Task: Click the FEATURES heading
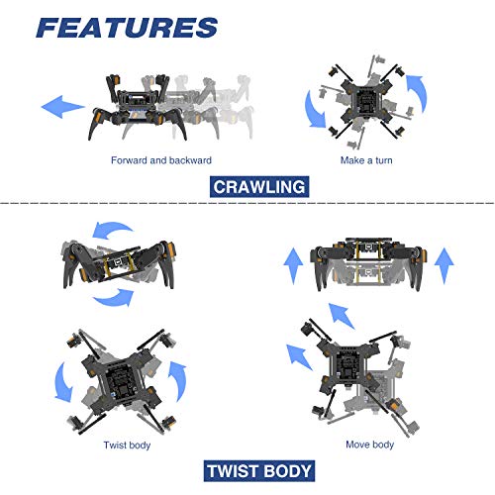[126, 27]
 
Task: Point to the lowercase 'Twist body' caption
[128, 445]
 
